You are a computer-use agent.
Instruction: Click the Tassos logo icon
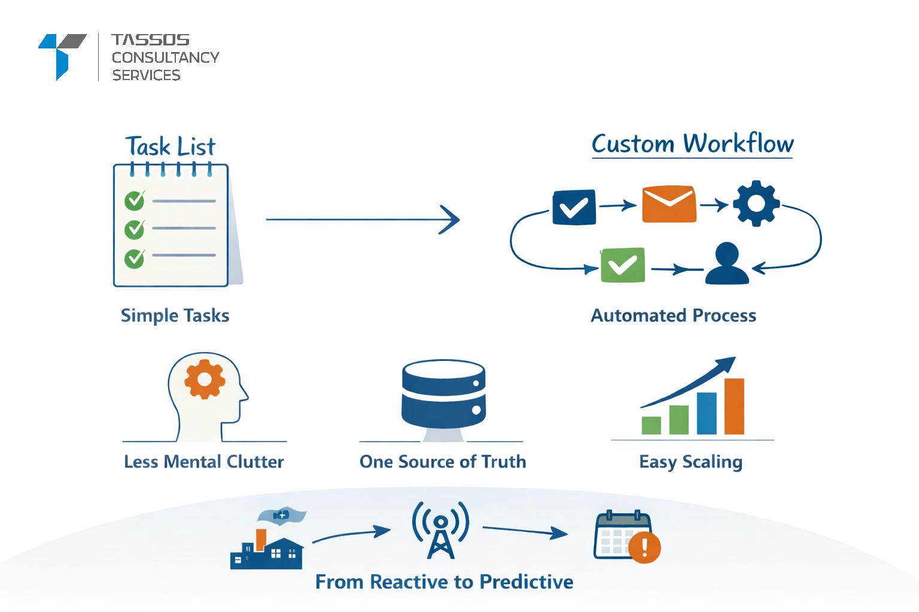point(62,56)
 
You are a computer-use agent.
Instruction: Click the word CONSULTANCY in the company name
point(165,57)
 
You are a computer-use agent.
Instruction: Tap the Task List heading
point(170,146)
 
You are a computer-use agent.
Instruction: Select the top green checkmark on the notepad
point(135,200)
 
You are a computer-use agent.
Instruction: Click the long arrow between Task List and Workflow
point(362,219)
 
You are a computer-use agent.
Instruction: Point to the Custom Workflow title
point(692,144)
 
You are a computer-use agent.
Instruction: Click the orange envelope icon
point(669,204)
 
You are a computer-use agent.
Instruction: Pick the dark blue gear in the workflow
point(756,203)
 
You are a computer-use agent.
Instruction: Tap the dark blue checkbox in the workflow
point(574,207)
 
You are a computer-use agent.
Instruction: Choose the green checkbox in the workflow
point(622,264)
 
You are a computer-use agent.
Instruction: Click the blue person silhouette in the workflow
point(727,264)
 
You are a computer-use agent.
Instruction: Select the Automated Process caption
point(673,316)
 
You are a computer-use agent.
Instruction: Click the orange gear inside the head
point(205,379)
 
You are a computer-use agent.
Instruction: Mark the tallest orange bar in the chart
point(734,406)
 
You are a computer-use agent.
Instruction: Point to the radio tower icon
point(441,530)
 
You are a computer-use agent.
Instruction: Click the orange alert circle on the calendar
point(644,547)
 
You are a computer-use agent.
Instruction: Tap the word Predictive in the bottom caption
point(526,582)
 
